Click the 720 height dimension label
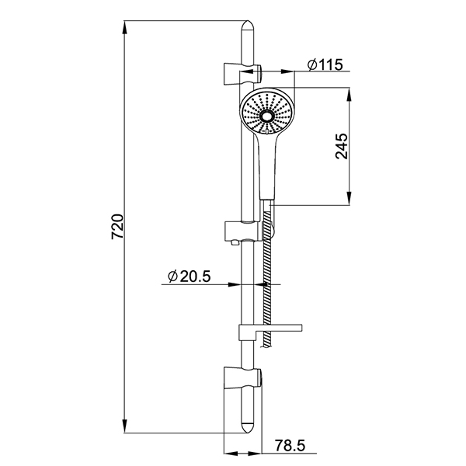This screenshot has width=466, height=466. click(117, 227)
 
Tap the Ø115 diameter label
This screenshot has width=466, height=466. click(325, 64)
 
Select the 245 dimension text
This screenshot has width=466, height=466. click(342, 146)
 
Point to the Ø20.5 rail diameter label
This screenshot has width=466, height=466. click(189, 276)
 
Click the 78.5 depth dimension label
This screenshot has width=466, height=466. click(290, 445)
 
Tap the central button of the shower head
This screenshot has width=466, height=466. click(266, 116)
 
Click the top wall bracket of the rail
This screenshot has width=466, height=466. click(242, 74)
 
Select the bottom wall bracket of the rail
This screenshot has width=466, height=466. click(242, 378)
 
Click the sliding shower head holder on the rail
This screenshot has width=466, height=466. click(245, 231)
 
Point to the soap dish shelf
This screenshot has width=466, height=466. click(270, 331)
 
